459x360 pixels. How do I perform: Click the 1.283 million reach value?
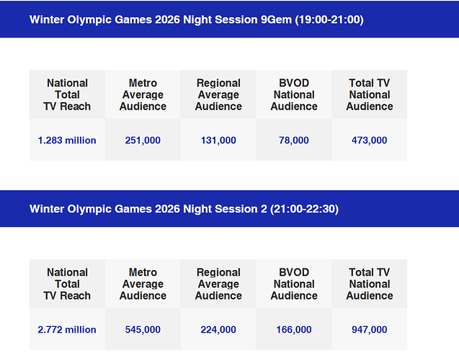click(x=67, y=140)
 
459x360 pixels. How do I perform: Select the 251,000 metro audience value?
click(x=143, y=140)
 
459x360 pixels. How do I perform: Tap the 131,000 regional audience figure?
click(x=218, y=140)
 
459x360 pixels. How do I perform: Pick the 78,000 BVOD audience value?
click(x=294, y=140)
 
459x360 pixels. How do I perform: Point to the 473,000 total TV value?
click(x=370, y=140)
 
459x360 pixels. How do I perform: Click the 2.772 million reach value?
click(x=67, y=330)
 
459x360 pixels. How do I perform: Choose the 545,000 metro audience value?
click(x=143, y=330)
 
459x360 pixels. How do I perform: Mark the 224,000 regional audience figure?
click(x=218, y=330)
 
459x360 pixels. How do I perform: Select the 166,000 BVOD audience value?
click(x=294, y=330)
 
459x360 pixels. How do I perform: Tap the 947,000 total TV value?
click(x=370, y=330)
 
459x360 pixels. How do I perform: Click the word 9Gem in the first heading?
click(x=276, y=19)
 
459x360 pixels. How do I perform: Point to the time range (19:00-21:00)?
click(x=329, y=19)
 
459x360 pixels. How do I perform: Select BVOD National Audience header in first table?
click(x=294, y=95)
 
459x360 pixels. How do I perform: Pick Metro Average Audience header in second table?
click(x=143, y=284)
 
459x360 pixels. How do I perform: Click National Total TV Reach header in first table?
click(x=67, y=95)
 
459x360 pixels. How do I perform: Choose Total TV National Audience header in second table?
click(x=370, y=284)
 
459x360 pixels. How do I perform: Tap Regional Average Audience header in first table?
click(x=218, y=95)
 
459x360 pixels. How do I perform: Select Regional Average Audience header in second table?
click(x=218, y=284)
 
